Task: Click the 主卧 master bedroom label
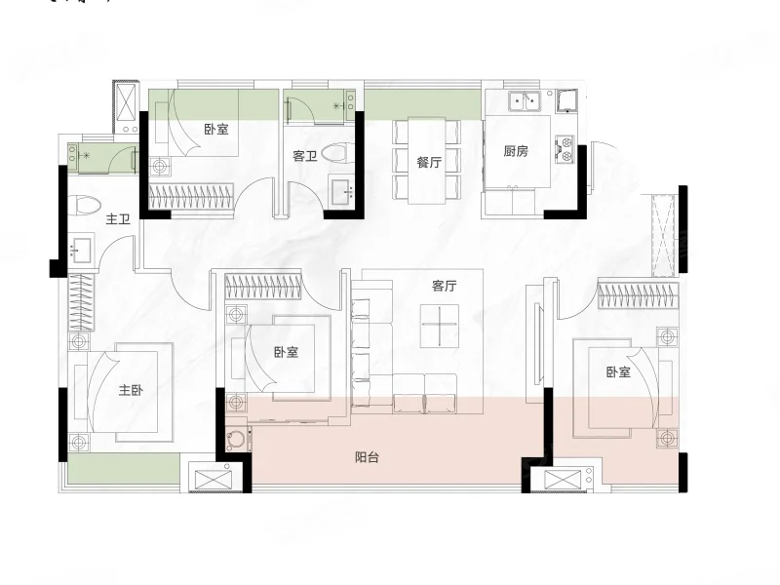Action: tap(131, 390)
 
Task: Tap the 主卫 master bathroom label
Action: tap(118, 218)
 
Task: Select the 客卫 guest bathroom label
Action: tap(304, 156)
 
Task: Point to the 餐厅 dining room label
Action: tap(429, 162)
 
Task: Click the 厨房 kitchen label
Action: tap(516, 151)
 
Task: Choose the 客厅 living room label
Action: tap(445, 286)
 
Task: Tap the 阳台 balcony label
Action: tap(368, 457)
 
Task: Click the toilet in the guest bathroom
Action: tap(338, 153)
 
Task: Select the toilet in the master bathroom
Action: tap(84, 206)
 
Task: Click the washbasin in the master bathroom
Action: tap(81, 249)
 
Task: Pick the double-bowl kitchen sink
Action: tap(525, 101)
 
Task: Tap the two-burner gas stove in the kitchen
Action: tap(565, 149)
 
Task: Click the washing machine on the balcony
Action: tap(238, 440)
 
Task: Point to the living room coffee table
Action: tap(440, 327)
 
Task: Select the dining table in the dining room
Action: tap(427, 161)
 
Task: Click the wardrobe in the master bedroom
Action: tap(81, 302)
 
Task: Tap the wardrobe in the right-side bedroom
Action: tap(639, 294)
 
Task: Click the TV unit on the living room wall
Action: tap(537, 344)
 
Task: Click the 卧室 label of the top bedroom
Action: tap(216, 130)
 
